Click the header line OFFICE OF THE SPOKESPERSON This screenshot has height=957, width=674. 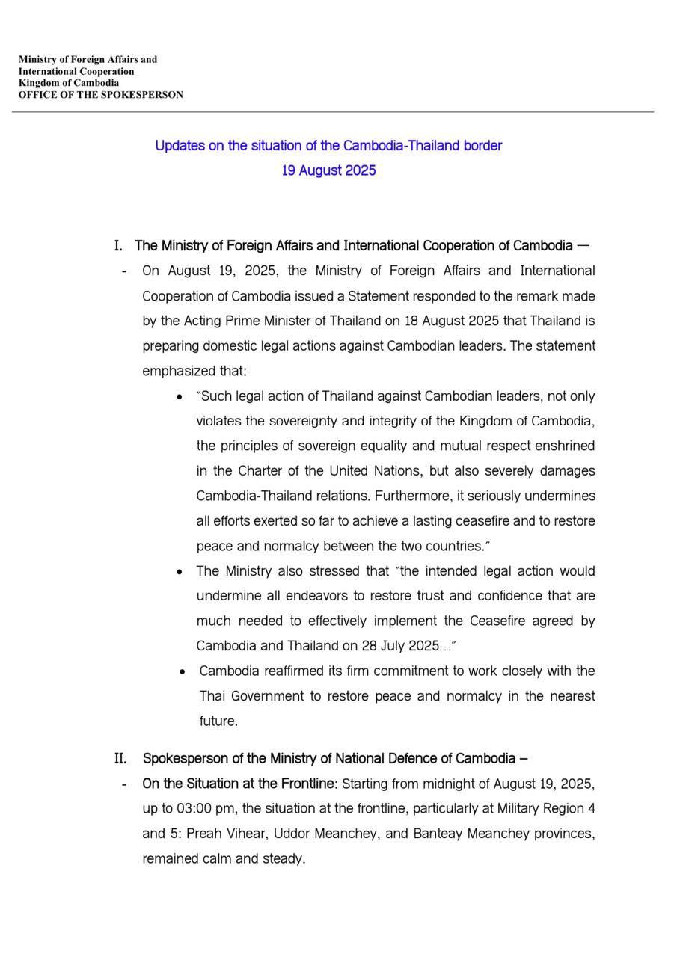(x=101, y=95)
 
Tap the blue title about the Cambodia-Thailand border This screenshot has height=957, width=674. (x=328, y=146)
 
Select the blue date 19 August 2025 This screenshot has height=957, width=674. (x=328, y=170)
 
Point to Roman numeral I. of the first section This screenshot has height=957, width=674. (x=118, y=246)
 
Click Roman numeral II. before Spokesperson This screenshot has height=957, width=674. (x=120, y=759)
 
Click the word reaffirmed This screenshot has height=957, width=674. (x=298, y=671)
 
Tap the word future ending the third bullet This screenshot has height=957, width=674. (x=218, y=721)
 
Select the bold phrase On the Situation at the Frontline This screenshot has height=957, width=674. (x=238, y=784)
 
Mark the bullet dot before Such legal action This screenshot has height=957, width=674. (x=180, y=397)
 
